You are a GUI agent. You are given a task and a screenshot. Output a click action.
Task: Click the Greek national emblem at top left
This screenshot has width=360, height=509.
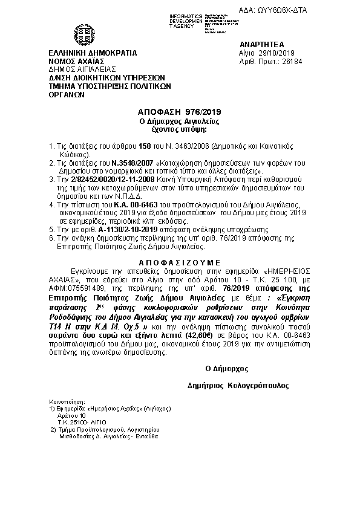[x=82, y=34]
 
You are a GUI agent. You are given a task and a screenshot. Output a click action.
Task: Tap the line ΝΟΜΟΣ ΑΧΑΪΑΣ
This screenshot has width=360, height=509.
[x=76, y=61]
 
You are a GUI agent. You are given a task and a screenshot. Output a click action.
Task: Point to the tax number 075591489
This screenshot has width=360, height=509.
[x=95, y=281]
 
